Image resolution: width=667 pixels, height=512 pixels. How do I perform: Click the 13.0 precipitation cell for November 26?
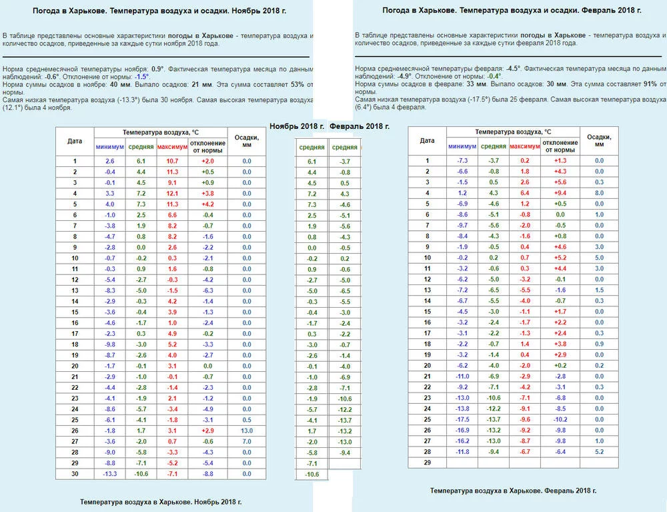pos(247,431)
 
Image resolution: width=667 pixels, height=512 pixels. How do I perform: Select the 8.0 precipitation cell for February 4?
pos(599,193)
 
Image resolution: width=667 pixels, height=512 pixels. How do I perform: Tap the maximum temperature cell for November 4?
pos(173,193)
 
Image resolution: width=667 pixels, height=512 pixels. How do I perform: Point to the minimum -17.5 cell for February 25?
pos(462,419)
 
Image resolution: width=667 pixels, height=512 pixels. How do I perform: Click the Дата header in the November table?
pos(75,141)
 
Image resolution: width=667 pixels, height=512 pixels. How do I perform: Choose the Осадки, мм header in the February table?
pos(599,140)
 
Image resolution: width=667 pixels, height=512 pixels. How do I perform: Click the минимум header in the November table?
pos(109,147)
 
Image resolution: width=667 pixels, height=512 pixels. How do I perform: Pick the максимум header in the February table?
pos(525,146)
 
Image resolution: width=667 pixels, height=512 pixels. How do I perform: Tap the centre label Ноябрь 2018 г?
pos(297,126)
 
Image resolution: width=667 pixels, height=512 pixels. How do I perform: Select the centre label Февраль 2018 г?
pos(360,126)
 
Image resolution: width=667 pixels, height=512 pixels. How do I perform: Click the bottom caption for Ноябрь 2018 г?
pos(160,501)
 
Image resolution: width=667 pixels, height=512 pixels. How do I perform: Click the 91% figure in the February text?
pos(651,84)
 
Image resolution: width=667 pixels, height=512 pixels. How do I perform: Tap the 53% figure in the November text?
pos(297,83)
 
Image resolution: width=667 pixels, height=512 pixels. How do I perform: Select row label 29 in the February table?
pos(427,463)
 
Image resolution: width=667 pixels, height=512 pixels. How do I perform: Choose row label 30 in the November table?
pos(75,474)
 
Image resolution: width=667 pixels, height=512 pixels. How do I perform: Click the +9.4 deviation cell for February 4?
pos(560,193)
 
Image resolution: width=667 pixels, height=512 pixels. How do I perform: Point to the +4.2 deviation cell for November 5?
pos(207,204)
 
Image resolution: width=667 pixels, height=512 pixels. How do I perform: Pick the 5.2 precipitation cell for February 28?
pos(599,452)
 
